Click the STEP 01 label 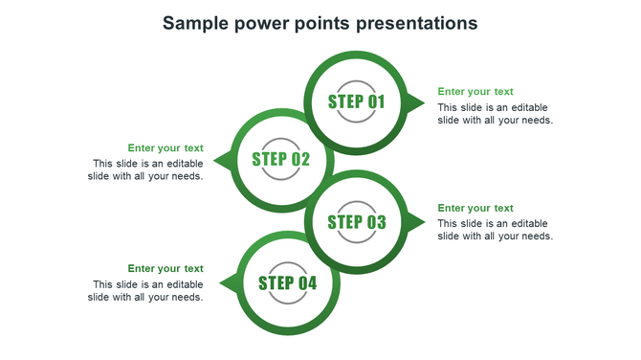[357, 101]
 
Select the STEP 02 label [281, 159]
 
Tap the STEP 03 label [357, 222]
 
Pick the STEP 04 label [287, 282]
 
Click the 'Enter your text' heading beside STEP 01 [475, 92]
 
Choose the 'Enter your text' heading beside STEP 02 [166, 147]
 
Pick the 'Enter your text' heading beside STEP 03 [475, 208]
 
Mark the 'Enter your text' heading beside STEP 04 [166, 268]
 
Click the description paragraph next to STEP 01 [495, 114]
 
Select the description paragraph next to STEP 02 [146, 169]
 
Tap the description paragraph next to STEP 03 [495, 230]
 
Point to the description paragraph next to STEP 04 [146, 290]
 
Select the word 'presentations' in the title [416, 23]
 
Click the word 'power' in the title [265, 23]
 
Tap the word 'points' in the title [325, 23]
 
